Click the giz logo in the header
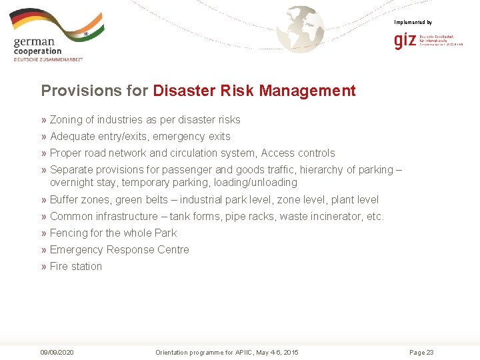click(x=405, y=41)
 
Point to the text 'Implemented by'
click(x=413, y=23)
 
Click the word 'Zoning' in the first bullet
click(x=66, y=120)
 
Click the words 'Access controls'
click(x=298, y=153)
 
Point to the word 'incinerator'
click(x=336, y=217)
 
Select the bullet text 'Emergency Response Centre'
click(x=119, y=250)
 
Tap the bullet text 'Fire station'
click(x=76, y=267)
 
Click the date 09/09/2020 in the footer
click(x=57, y=352)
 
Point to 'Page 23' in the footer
click(x=421, y=352)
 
